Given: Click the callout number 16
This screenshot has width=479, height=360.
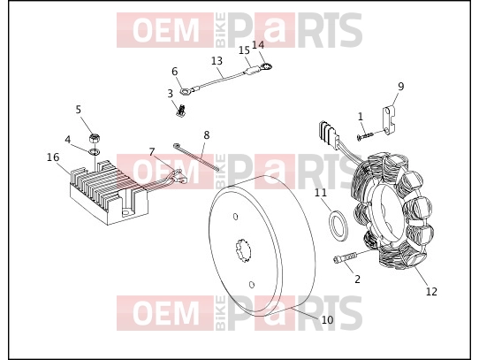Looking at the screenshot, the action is pos(53,157).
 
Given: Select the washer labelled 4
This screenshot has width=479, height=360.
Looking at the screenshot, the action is pos(95,151).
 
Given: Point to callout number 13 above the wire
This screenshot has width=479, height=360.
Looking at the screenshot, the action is pos(217,60).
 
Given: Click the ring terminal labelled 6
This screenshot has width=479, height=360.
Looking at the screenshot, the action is pos(186,91).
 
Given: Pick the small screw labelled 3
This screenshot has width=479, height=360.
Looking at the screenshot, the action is pos(181,111).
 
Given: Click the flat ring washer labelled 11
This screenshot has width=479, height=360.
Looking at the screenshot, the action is pos(338,226).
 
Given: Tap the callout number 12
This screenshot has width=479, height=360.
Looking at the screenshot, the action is pos(431,292).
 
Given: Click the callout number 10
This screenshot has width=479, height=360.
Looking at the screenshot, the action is pos(327,320).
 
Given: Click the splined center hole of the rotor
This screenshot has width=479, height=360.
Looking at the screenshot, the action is pos(243,250).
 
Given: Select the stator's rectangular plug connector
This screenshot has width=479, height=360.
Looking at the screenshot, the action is pos(329,135).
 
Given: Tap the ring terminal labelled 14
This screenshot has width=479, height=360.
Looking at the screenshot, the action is pos(266,66).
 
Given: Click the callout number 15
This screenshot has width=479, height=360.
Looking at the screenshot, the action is pos(245,50).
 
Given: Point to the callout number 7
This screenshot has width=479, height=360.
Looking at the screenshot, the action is pos(152,151).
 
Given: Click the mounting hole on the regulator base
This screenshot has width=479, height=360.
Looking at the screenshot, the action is pos(125,211).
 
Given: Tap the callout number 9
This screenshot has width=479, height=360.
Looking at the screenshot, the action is pos(401,87).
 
